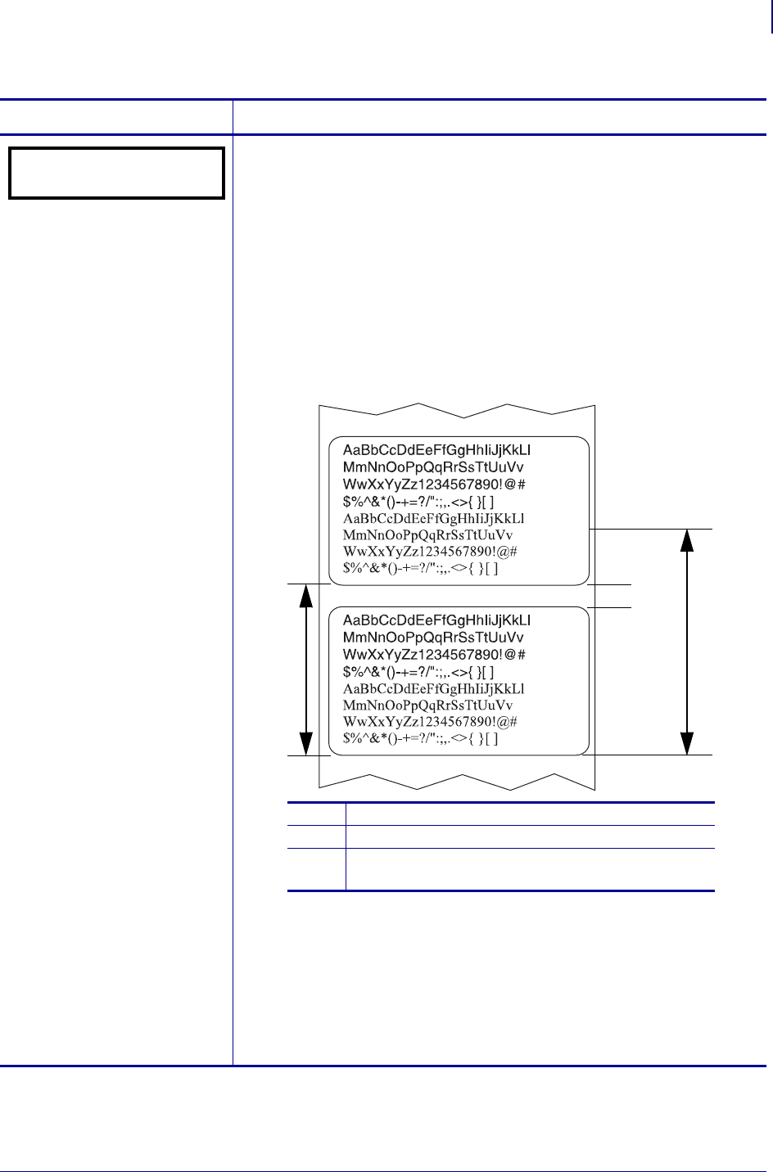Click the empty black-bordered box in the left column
click(116, 173)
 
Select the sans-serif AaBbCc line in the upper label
click(436, 450)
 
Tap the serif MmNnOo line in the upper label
click(434, 534)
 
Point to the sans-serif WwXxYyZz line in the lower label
click(434, 655)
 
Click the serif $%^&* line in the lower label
click(420, 738)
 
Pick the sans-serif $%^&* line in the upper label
click(418, 501)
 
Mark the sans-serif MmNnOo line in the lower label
click(434, 638)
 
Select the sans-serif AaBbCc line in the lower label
click(436, 620)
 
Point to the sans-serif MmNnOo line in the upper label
click(434, 467)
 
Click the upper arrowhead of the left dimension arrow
click(306, 595)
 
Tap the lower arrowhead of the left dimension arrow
click(306, 744)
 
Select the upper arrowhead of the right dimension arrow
click(687, 541)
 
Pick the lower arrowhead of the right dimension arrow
click(687, 742)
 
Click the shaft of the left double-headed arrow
click(306, 669)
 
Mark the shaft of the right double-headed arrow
click(687, 642)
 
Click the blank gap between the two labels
click(459, 596)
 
